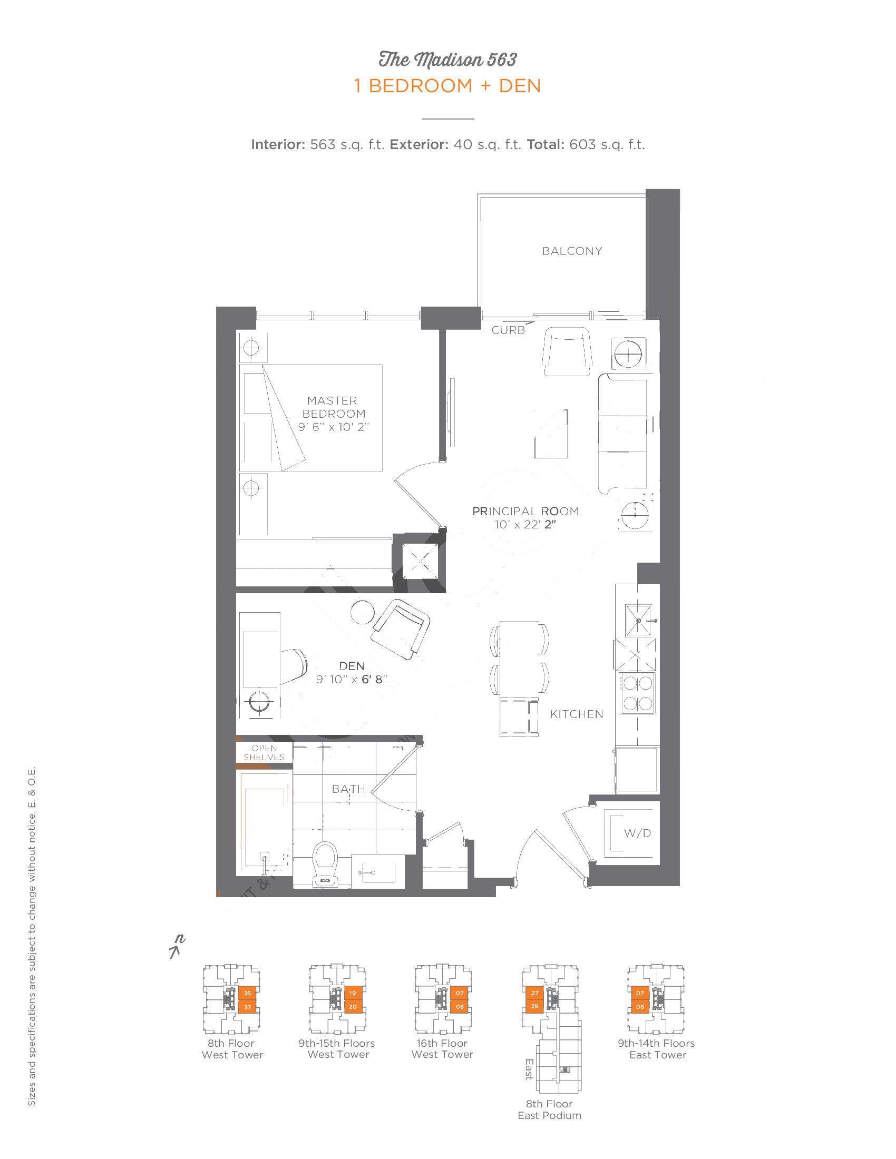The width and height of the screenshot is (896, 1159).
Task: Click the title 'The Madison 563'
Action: [x=447, y=60]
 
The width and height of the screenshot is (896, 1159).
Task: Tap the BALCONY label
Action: [x=572, y=251]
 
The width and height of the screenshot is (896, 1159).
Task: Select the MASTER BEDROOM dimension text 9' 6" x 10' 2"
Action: [x=333, y=427]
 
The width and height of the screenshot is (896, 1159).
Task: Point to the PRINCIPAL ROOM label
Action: [x=525, y=511]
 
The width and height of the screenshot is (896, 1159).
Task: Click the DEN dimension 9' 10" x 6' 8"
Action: [x=352, y=679]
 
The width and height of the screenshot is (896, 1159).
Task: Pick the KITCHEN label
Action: [x=577, y=714]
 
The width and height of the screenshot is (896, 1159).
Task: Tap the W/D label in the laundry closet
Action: [x=637, y=833]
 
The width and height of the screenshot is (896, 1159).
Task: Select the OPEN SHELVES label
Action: [x=265, y=752]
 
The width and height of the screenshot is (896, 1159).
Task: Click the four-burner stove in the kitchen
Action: [x=638, y=694]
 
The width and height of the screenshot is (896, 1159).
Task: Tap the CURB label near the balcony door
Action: [x=508, y=330]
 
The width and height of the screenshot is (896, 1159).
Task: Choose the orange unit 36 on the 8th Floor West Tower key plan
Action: [x=247, y=993]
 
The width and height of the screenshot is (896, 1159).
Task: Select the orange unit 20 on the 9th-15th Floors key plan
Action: [x=353, y=1007]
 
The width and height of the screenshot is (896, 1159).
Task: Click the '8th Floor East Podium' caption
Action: [x=549, y=1109]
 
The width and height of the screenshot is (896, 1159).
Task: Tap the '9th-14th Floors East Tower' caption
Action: [x=657, y=1049]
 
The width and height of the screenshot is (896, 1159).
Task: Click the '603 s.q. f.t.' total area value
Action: [x=607, y=144]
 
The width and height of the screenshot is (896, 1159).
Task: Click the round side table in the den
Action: [x=363, y=612]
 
